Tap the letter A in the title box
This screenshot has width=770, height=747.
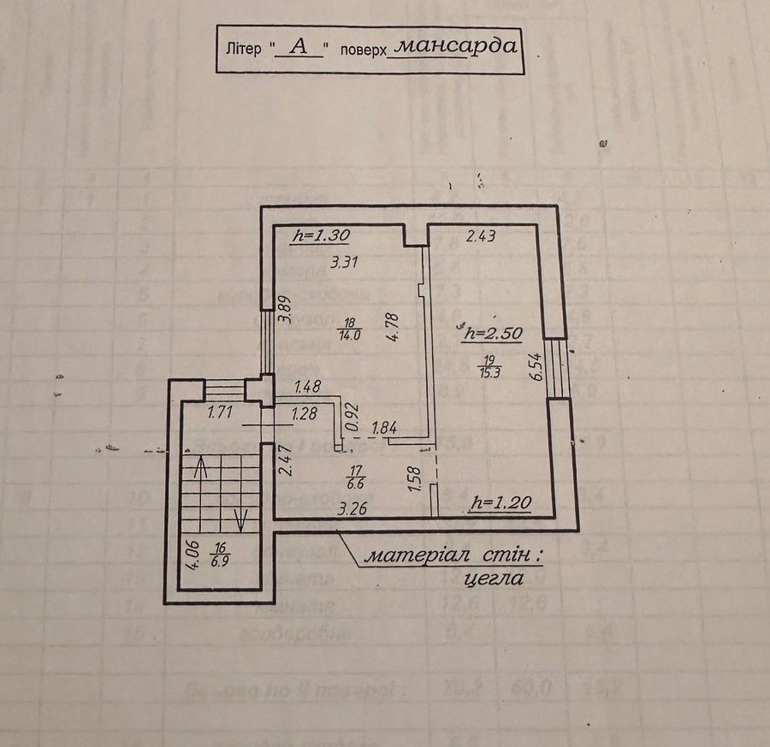click(298, 48)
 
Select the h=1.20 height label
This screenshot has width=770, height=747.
click(501, 506)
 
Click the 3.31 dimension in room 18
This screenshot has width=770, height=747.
click(344, 263)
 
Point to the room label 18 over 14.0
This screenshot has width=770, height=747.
click(350, 329)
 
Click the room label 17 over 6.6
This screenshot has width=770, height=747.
click(356, 475)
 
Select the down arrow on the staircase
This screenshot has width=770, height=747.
click(241, 519)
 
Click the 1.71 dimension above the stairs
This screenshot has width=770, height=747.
click(221, 413)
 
